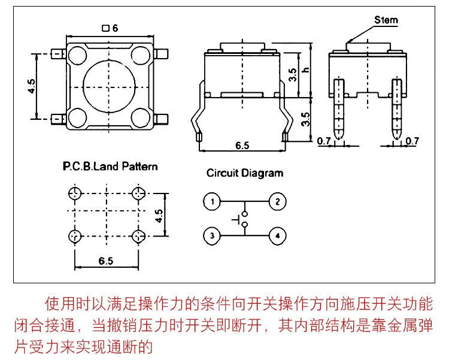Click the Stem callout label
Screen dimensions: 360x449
pyautogui.click(x=386, y=20)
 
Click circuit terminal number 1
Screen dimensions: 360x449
pyautogui.click(x=211, y=201)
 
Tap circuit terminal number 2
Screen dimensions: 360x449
pyautogui.click(x=277, y=201)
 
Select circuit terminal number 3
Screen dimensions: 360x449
pyautogui.click(x=211, y=236)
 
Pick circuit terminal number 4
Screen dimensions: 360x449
pyautogui.click(x=277, y=236)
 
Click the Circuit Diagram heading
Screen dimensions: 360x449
pyautogui.click(x=244, y=173)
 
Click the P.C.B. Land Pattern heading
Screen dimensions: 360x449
pyautogui.click(x=110, y=166)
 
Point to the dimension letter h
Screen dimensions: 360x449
pyautogui.click(x=305, y=70)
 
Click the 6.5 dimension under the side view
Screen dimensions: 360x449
pyautogui.click(x=242, y=146)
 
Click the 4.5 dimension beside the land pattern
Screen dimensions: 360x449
pyautogui.click(x=159, y=216)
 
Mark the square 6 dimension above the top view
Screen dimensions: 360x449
pyautogui.click(x=111, y=28)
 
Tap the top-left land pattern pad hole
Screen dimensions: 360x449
pyautogui.click(x=75, y=193)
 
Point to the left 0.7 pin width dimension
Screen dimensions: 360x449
pyautogui.click(x=323, y=141)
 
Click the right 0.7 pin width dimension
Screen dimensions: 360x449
pyautogui.click(x=412, y=141)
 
